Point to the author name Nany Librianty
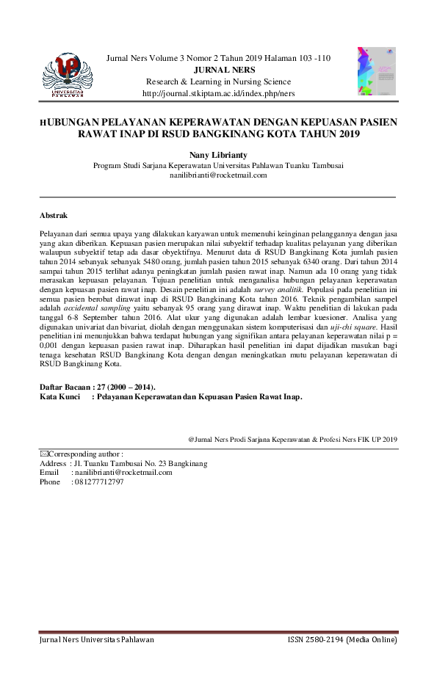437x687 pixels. pyautogui.click(x=218, y=156)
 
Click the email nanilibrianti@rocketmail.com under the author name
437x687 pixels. pyautogui.click(x=218, y=175)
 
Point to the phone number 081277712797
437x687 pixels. pyautogui.click(x=98, y=482)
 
